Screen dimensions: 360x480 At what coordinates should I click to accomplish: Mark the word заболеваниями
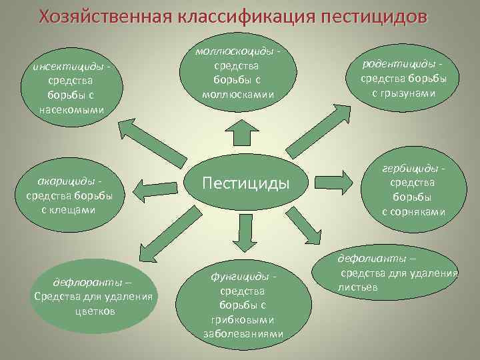click(243, 334)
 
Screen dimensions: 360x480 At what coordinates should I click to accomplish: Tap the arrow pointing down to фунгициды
click(244, 232)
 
